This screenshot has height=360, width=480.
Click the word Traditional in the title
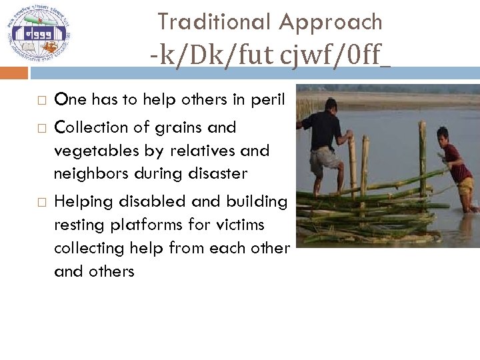215,22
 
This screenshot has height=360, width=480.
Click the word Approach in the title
331,23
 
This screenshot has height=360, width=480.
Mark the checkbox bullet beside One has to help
41,101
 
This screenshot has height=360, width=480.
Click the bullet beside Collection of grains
41,128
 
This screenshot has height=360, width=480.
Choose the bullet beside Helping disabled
41,202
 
